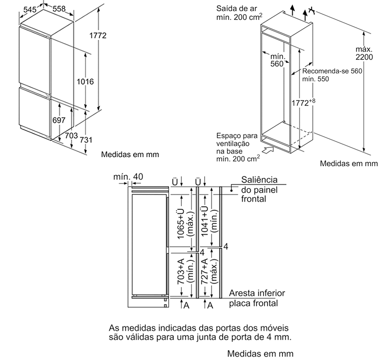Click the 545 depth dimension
pyautogui.click(x=30, y=9)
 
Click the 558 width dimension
pyautogui.click(x=59, y=9)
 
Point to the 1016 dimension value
pyautogui.click(x=85, y=81)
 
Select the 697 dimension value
pyautogui.click(x=59, y=120)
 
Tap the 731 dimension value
pyautogui.click(x=86, y=140)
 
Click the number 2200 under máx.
pyautogui.click(x=364, y=57)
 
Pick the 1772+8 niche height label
pyautogui.click(x=303, y=102)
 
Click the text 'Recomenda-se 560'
pyautogui.click(x=332, y=71)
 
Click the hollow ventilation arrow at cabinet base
pyautogui.click(x=268, y=150)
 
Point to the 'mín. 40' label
pyautogui.click(x=128, y=176)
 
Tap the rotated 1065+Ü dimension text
pyautogui.click(x=180, y=224)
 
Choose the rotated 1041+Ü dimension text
pyautogui.click(x=204, y=221)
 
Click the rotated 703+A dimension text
pyautogui.click(x=180, y=272)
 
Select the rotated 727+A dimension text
pyautogui.click(x=204, y=272)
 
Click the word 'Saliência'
pyautogui.click(x=259, y=180)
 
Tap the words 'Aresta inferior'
pyautogui.click(x=257, y=293)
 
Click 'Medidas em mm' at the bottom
pyautogui.click(x=260, y=353)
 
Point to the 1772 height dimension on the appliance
pyautogui.click(x=98, y=35)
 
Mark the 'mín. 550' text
pyautogui.click(x=315, y=79)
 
